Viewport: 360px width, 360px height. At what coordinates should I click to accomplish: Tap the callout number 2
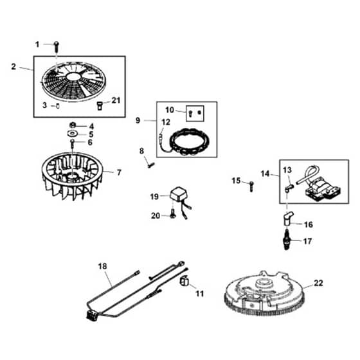(x=14, y=67)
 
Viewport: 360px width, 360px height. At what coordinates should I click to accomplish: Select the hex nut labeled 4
(x=73, y=125)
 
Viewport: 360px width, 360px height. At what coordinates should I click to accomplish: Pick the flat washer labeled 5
(x=73, y=133)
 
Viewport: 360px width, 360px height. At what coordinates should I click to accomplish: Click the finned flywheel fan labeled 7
(x=72, y=176)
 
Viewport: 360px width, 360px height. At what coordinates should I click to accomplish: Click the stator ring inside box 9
(x=189, y=141)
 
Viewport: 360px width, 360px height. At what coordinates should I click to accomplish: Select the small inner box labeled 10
(x=195, y=113)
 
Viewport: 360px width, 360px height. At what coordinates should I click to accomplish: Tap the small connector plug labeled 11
(x=184, y=281)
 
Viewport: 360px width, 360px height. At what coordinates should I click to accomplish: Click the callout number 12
(x=166, y=122)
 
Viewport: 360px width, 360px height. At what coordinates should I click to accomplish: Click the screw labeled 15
(x=251, y=186)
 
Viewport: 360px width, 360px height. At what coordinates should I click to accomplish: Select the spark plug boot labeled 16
(x=288, y=219)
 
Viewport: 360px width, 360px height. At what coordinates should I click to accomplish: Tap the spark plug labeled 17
(x=287, y=239)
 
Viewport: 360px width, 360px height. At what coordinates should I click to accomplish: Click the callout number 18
(x=102, y=266)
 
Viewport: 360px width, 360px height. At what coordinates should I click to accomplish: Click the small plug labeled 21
(x=100, y=106)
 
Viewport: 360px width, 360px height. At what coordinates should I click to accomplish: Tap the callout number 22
(x=318, y=283)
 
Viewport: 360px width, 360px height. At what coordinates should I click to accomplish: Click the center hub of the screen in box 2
(x=73, y=76)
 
